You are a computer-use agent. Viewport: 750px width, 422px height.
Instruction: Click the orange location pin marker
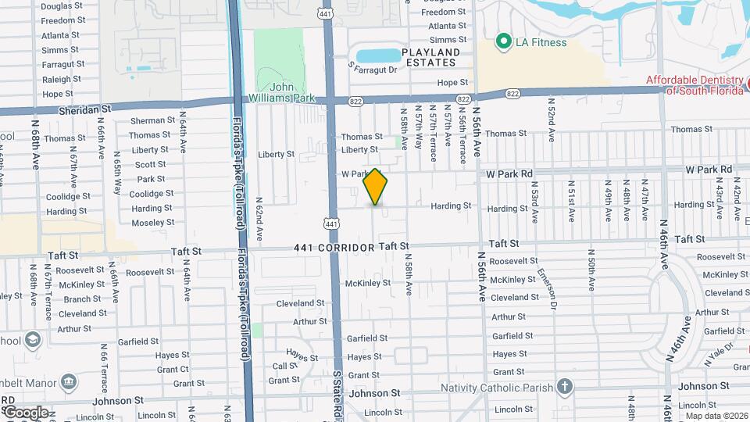pos(376,187)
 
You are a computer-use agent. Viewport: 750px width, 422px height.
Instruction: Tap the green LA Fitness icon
pos(504,41)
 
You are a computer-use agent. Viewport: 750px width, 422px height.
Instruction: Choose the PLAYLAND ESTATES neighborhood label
pos(430,57)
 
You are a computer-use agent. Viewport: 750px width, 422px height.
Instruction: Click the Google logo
pos(26,412)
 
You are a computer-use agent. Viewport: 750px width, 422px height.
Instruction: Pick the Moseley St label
pos(152,223)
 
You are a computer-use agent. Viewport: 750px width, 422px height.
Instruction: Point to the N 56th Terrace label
pos(463,134)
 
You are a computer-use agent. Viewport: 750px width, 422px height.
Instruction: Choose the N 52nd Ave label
pos(551,118)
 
